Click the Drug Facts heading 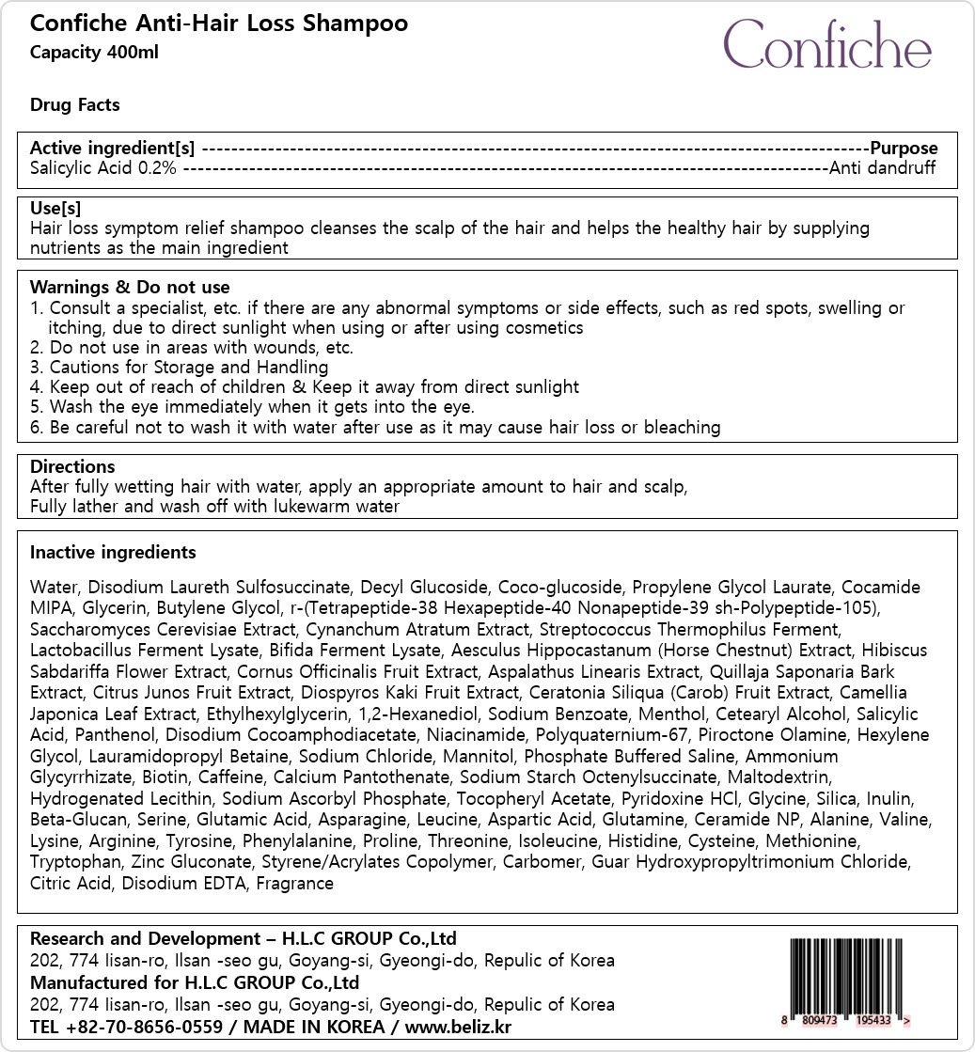click(x=75, y=104)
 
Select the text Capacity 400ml click(x=94, y=52)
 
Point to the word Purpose click(x=904, y=148)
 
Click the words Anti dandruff click(x=882, y=168)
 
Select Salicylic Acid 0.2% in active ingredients click(x=102, y=168)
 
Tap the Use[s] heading click(x=55, y=208)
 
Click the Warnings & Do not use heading click(x=130, y=287)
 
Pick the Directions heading click(x=72, y=466)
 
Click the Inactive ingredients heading click(x=113, y=552)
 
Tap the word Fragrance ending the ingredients click(x=294, y=883)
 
